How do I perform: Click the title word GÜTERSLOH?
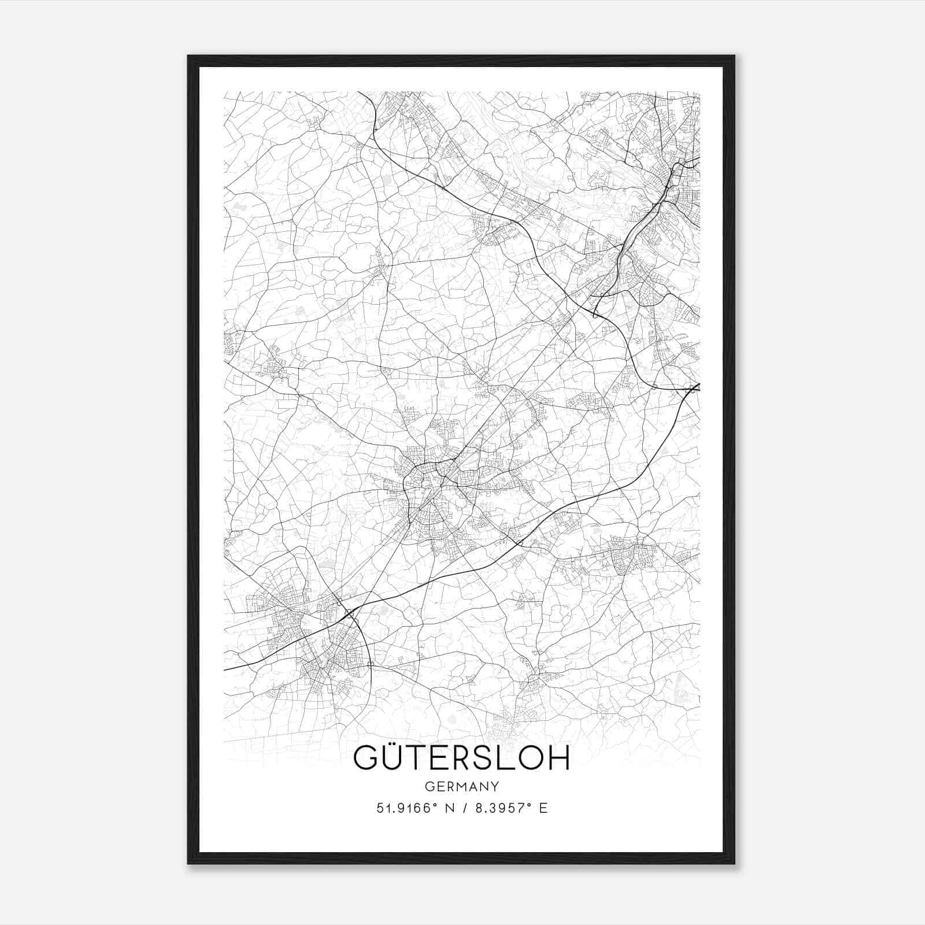point(461,758)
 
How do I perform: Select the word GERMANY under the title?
point(461,787)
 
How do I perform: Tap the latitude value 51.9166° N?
point(411,808)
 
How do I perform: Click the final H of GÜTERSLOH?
point(558,758)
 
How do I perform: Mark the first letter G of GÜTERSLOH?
point(365,758)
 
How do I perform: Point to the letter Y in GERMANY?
point(495,787)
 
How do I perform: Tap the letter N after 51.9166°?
point(446,808)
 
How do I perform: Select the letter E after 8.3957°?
point(543,808)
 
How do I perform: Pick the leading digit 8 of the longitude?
point(478,808)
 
